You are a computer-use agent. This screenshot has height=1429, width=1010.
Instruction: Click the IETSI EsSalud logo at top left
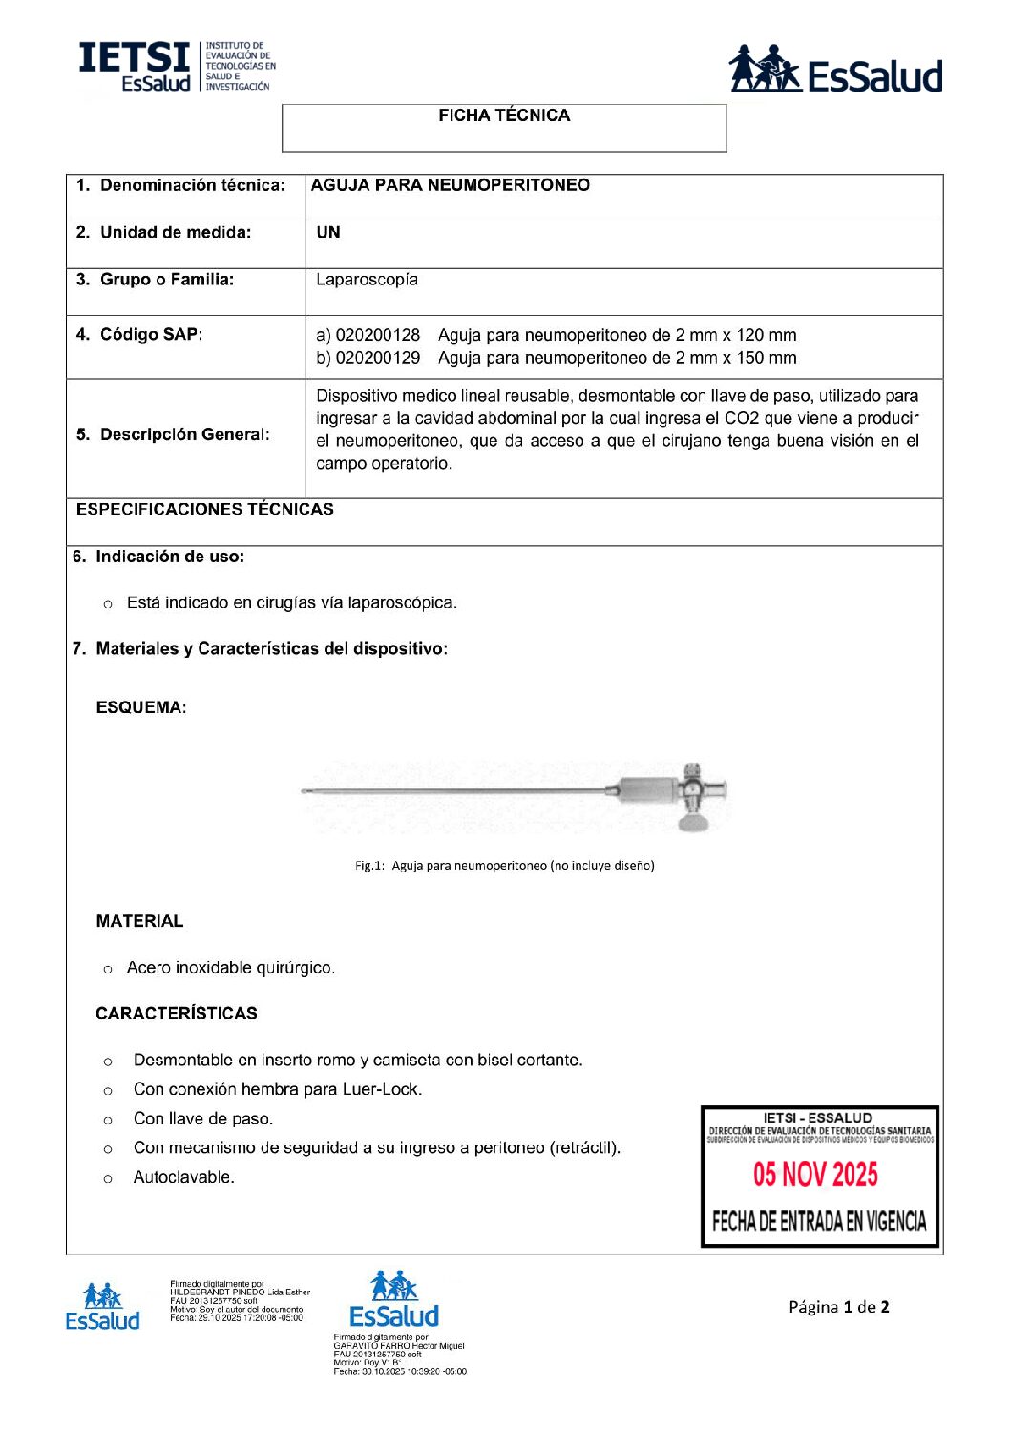pos(177,67)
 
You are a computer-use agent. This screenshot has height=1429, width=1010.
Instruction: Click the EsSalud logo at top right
pos(835,70)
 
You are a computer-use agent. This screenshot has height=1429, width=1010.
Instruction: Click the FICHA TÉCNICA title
pos(504,116)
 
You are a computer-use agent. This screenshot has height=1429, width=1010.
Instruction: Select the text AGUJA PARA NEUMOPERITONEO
pos(450,185)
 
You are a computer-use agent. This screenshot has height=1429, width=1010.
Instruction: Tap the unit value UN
pos(327,232)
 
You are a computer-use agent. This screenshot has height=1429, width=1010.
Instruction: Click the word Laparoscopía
pos(367,280)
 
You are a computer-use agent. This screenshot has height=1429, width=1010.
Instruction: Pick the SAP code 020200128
pos(378,335)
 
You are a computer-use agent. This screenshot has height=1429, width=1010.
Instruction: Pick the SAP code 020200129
pos(378,358)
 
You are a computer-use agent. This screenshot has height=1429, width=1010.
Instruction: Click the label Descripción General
pos(173,434)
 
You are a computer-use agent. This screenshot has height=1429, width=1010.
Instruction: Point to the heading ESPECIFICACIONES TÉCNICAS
pos(204,509)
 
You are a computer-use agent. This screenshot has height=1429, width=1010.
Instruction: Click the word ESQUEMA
pos(140,707)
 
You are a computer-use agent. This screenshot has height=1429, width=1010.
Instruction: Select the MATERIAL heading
pos(139,921)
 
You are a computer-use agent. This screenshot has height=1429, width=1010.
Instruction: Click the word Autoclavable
pos(183,1177)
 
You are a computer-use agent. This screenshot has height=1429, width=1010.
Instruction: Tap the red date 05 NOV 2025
pos(815,1174)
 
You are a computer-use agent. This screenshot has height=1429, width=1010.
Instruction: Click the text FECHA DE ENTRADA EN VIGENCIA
pos(819,1221)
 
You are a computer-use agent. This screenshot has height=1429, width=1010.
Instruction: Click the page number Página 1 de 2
pos(838,1307)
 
